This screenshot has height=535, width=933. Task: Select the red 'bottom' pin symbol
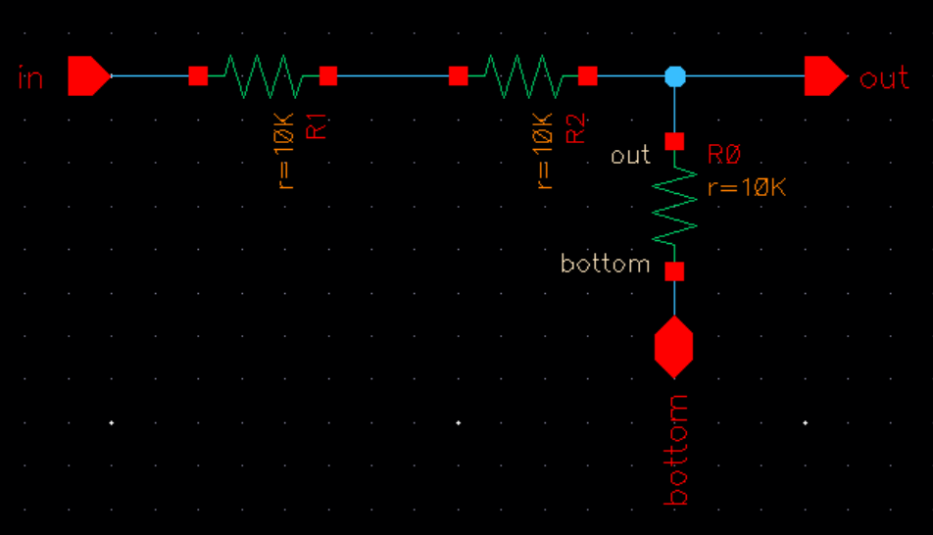click(x=674, y=347)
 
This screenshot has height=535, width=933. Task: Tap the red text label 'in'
click(x=31, y=77)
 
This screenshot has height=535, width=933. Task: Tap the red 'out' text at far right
click(x=884, y=77)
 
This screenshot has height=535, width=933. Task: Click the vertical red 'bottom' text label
click(x=676, y=450)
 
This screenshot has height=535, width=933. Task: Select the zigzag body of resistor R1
click(x=263, y=75)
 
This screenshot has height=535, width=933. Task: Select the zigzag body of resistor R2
click(x=522, y=75)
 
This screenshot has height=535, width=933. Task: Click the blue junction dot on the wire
click(x=674, y=75)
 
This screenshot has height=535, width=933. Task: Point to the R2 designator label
click(x=577, y=124)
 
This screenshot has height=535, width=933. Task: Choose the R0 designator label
click(x=724, y=156)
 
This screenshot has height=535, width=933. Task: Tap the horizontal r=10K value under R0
click(x=747, y=187)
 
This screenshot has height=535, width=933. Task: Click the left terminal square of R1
click(x=198, y=75)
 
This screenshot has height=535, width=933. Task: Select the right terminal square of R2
click(x=588, y=75)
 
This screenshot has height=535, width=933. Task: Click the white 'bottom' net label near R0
click(x=605, y=264)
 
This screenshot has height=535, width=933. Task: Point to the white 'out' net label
click(x=630, y=156)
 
